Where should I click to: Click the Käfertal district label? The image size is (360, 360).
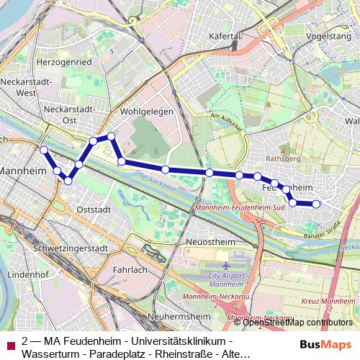(223, 35)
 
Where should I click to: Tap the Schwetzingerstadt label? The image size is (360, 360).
(71, 248)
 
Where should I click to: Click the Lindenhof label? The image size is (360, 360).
(27, 275)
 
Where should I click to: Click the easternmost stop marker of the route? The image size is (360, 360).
(315, 204)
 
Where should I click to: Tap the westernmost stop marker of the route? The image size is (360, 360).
(43, 150)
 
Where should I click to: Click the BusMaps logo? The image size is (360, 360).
(325, 345)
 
